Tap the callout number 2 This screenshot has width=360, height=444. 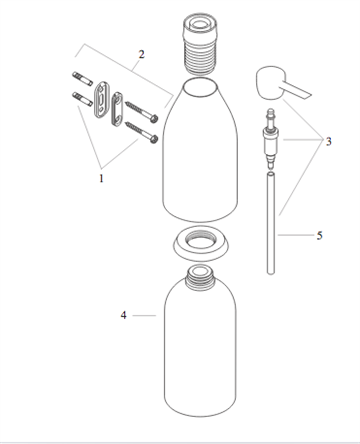coord(141,54)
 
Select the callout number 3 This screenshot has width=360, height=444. coord(326,141)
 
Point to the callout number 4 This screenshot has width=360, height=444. coord(123,315)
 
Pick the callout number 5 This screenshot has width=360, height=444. coord(320,236)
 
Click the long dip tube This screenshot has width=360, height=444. coord(270,220)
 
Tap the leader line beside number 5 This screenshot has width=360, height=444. coord(298,236)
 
